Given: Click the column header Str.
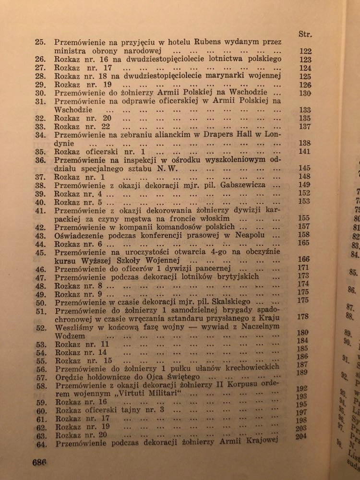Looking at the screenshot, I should [x=305, y=34].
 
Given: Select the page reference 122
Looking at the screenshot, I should [x=305, y=51].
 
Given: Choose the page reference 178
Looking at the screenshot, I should [x=302, y=317].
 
